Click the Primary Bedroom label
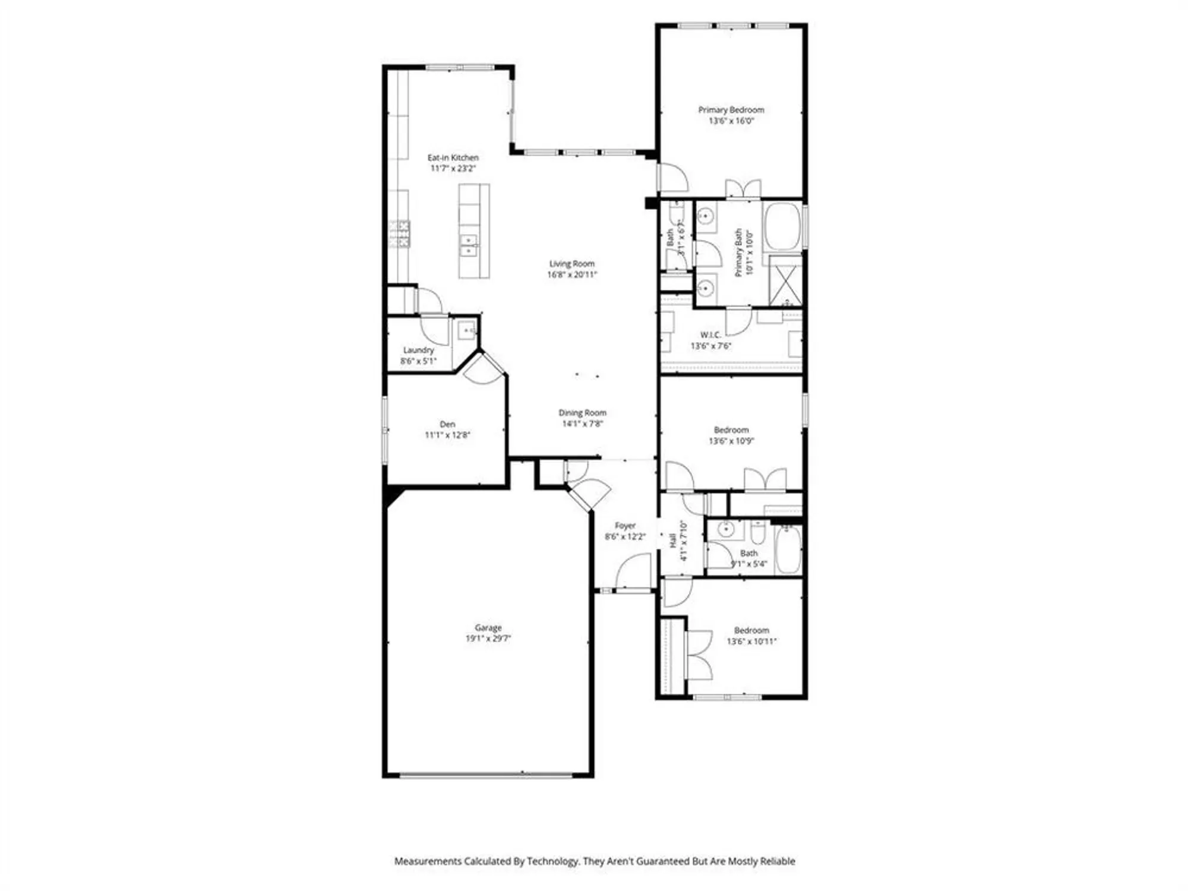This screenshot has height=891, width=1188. [731, 110]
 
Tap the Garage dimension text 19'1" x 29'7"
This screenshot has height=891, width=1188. [488, 639]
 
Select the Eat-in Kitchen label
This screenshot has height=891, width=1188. [453, 157]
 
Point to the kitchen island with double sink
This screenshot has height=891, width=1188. [474, 232]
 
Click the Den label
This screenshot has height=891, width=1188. [447, 424]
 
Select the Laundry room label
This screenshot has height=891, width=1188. [418, 350]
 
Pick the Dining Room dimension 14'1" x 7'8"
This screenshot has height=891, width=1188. [582, 424]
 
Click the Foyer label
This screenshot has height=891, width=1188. [625, 526]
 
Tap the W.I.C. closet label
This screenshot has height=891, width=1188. [710, 335]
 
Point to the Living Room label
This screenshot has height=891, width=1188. [571, 264]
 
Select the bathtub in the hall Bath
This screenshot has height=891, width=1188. [788, 549]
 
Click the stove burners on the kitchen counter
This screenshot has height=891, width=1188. [399, 233]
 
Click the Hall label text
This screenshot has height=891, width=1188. [672, 541]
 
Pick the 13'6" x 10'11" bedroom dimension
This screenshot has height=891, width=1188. [751, 642]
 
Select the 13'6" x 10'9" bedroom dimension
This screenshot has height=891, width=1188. [731, 441]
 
